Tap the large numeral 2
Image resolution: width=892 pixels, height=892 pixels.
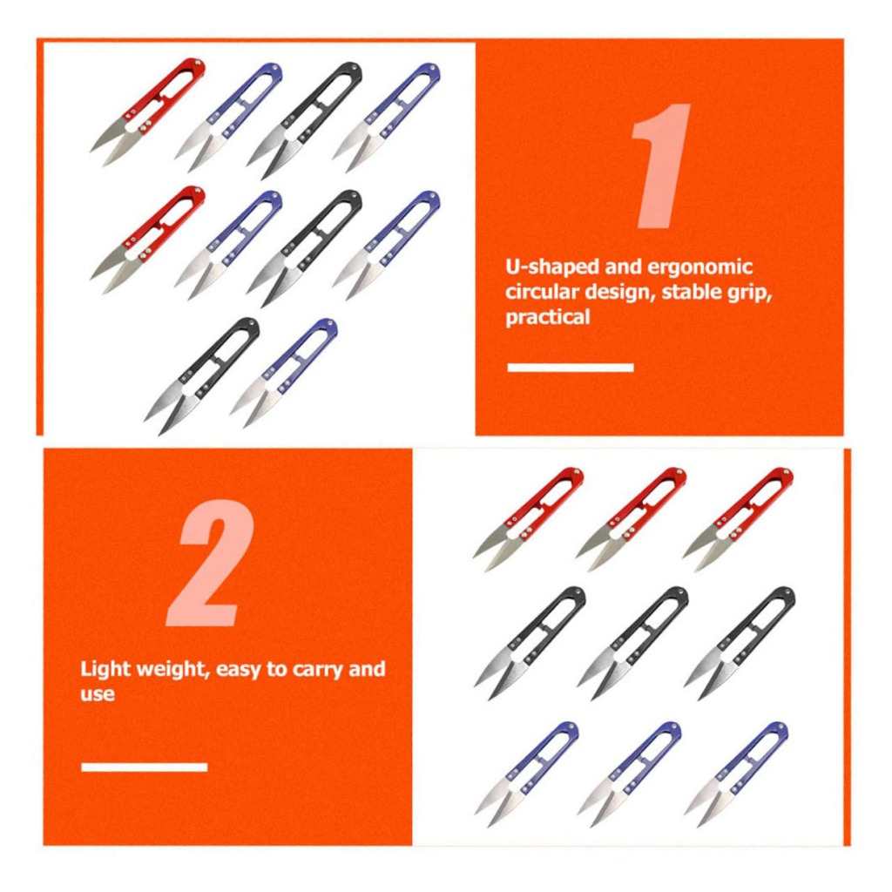pos(209,564)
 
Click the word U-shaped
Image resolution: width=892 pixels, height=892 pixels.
pos(551,267)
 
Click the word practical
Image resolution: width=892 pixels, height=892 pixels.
pos(548,317)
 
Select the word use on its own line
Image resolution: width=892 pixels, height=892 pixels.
pos(98,694)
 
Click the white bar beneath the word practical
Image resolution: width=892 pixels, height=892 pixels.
pos(571,368)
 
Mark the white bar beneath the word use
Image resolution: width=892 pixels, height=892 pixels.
pos(145,767)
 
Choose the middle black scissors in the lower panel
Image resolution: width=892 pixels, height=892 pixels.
pos(632,644)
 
